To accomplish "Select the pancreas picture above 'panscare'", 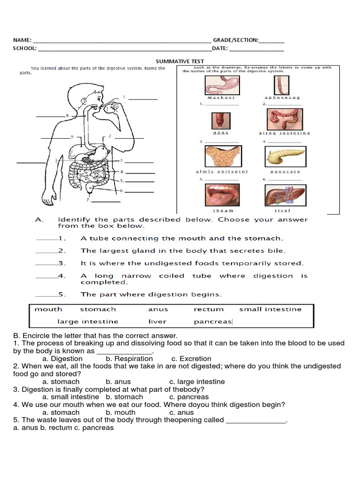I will coord(285,157).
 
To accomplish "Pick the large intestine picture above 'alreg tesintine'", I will coord(285,120).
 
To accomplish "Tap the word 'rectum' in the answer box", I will coord(209,309).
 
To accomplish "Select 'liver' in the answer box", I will coord(157,322).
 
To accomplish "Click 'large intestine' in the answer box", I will coord(88,322).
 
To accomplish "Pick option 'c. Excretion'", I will coord(190,359).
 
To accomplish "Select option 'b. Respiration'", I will coord(129,359).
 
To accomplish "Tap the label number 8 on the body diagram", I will coord(67,115).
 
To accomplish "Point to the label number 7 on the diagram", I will coord(88,200).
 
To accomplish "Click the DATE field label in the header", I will coord(219,48).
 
